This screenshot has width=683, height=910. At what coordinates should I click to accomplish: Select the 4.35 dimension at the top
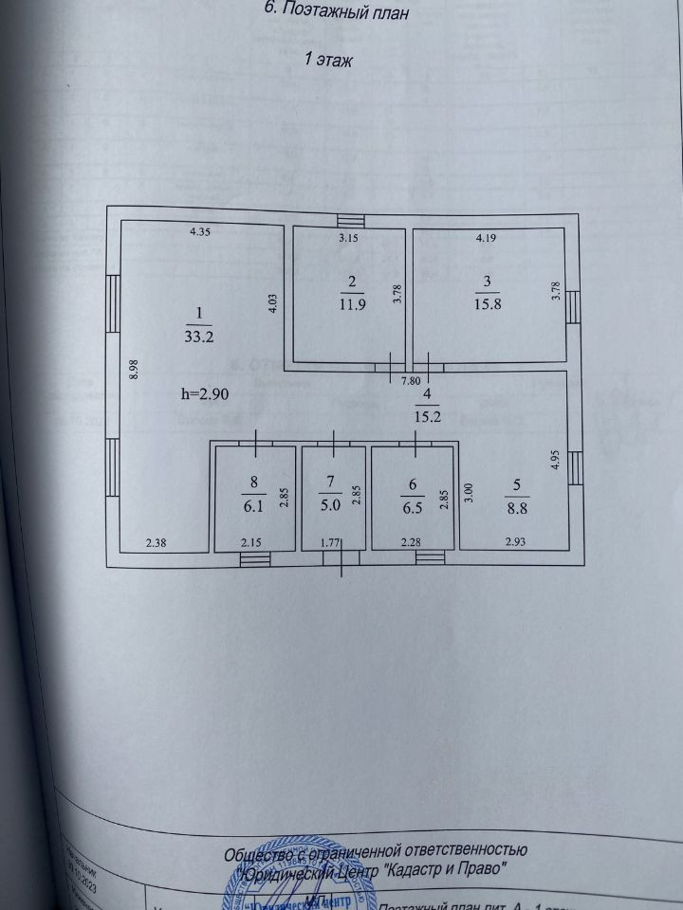point(200,231)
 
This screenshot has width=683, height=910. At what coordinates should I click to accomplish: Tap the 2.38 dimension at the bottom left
point(157,542)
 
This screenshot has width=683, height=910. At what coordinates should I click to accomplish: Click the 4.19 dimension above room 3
point(486,238)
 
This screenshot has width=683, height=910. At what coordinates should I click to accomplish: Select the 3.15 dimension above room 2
point(351,238)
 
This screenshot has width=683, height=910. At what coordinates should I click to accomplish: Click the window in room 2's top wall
point(350,221)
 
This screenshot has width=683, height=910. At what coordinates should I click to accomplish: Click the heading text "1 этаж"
point(327,60)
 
